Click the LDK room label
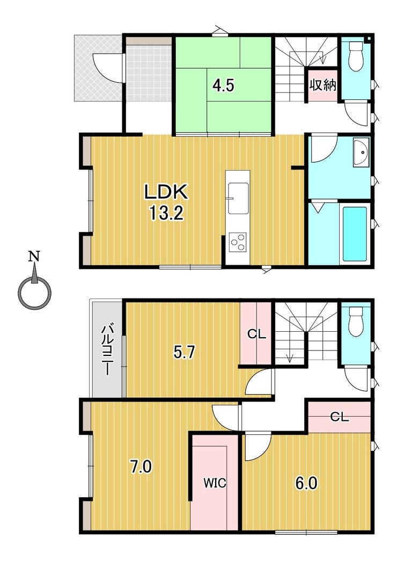pyautogui.click(x=166, y=193)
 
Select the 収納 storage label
pyautogui.click(x=323, y=85)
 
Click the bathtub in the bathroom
pyautogui.click(x=355, y=234)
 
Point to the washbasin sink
pyautogui.click(x=361, y=152)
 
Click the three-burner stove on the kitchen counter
pyautogui.click(x=238, y=242)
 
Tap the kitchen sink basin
pyautogui.click(x=238, y=198)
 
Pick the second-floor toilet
pyautogui.click(x=356, y=321)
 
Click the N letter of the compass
pyautogui.click(x=34, y=256)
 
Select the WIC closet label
pyautogui.click(x=215, y=483)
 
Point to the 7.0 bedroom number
pyautogui.click(x=141, y=467)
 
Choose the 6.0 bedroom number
pyautogui.click(x=306, y=483)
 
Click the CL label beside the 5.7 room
pyautogui.click(x=257, y=334)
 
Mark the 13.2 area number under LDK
pyautogui.click(x=166, y=214)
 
